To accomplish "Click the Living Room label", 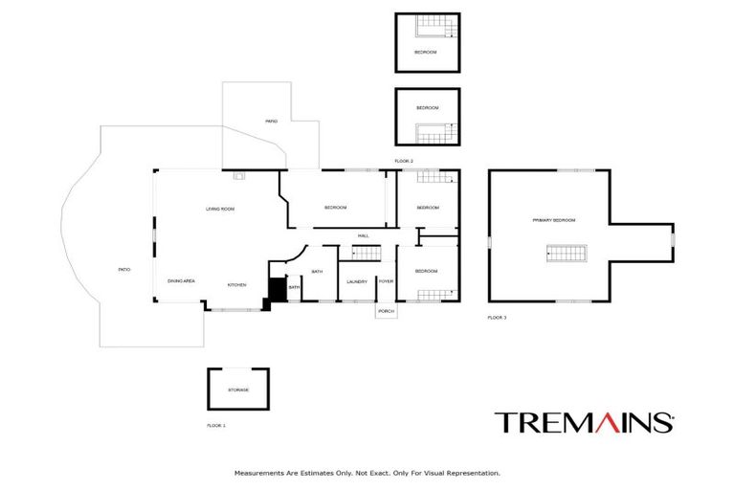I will point(220,209).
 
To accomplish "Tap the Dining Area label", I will point(182,281).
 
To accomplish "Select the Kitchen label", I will point(236,285).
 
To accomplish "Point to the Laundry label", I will point(357,281).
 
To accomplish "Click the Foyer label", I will point(387,281).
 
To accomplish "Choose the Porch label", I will point(387,312).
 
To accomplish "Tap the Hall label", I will point(364,235).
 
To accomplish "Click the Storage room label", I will point(238,390).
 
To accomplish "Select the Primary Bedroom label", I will point(554,220).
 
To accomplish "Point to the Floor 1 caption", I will point(216,425).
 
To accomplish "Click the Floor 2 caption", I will point(404,161).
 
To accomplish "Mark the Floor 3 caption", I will point(497,317).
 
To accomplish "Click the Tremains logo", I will point(584,422).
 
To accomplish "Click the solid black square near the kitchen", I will point(276,288).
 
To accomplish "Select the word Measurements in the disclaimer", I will point(259,473).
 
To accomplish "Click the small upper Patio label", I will point(272,122).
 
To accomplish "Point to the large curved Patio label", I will point(123,271).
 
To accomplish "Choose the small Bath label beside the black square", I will point(295,287).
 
